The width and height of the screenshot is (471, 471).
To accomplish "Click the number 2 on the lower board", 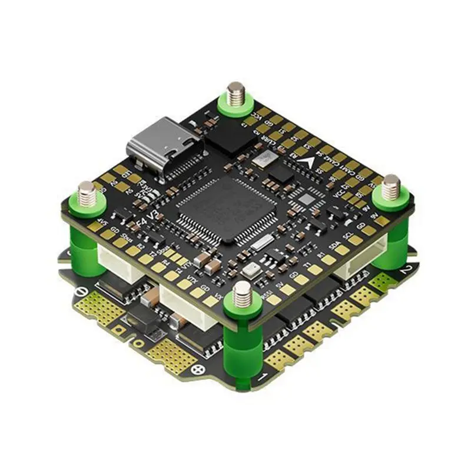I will point(404,271).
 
